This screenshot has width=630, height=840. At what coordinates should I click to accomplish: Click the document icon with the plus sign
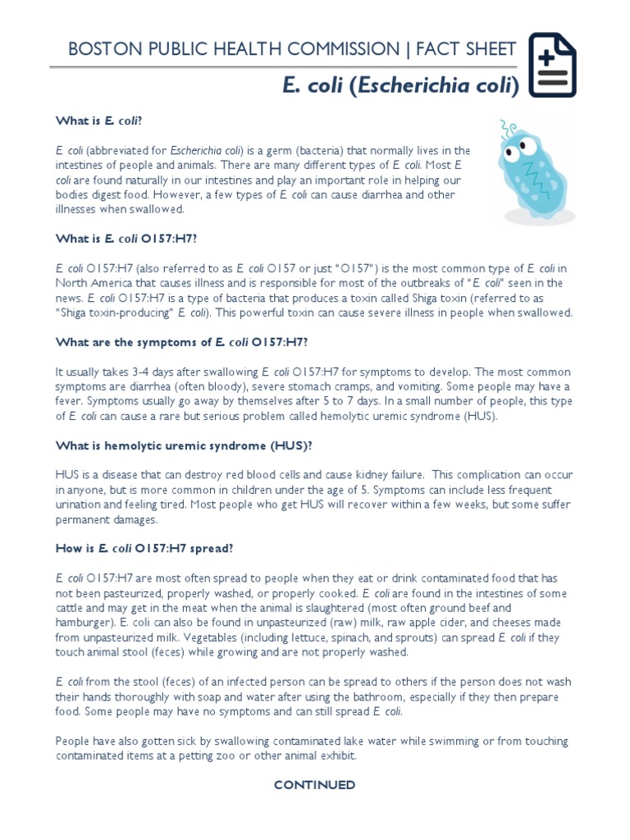click(552, 66)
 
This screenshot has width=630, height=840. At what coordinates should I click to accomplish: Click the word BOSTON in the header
click(99, 49)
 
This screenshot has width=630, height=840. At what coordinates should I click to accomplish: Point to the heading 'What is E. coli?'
click(99, 121)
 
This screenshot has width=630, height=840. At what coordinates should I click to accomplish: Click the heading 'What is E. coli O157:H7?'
click(126, 239)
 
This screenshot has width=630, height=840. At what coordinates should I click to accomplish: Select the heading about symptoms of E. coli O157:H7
click(182, 342)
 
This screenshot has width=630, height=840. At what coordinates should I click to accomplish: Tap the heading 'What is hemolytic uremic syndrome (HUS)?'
click(184, 445)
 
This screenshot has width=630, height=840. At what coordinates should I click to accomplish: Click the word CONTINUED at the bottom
click(314, 785)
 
